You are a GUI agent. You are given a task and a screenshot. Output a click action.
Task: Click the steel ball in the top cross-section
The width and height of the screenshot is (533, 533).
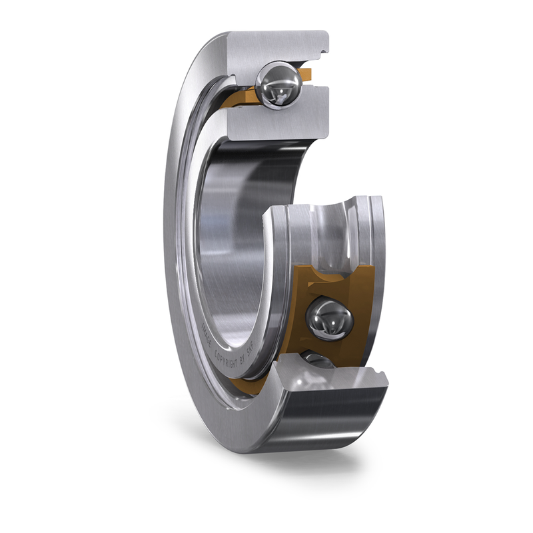(278, 85)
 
